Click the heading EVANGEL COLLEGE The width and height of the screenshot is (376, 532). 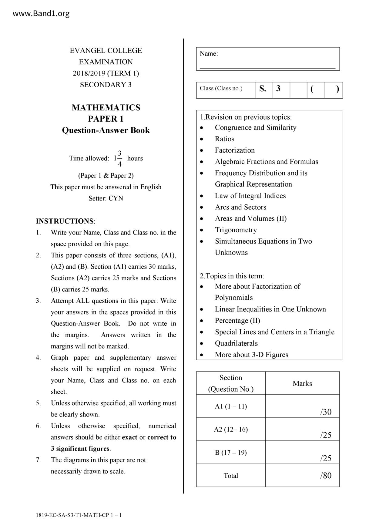106,51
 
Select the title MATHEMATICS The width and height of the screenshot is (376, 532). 106,108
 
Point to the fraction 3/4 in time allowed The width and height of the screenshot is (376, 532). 120,158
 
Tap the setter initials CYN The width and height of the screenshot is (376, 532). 116,198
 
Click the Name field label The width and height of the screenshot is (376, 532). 209,54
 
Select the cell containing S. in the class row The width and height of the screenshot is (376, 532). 263,89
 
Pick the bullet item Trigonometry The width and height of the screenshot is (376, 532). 236,230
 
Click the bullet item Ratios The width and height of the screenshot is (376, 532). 224,139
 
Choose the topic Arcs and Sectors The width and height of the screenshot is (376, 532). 240,207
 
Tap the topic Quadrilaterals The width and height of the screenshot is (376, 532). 236,343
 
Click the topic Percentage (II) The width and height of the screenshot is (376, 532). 237,321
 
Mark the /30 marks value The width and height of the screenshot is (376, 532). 326,412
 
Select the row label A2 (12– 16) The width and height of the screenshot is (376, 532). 231,429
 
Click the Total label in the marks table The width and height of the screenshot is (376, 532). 231,476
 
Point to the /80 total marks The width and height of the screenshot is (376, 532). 326,476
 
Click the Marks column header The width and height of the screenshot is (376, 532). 302,383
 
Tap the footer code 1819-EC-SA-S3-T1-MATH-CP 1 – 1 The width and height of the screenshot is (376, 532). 79,515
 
